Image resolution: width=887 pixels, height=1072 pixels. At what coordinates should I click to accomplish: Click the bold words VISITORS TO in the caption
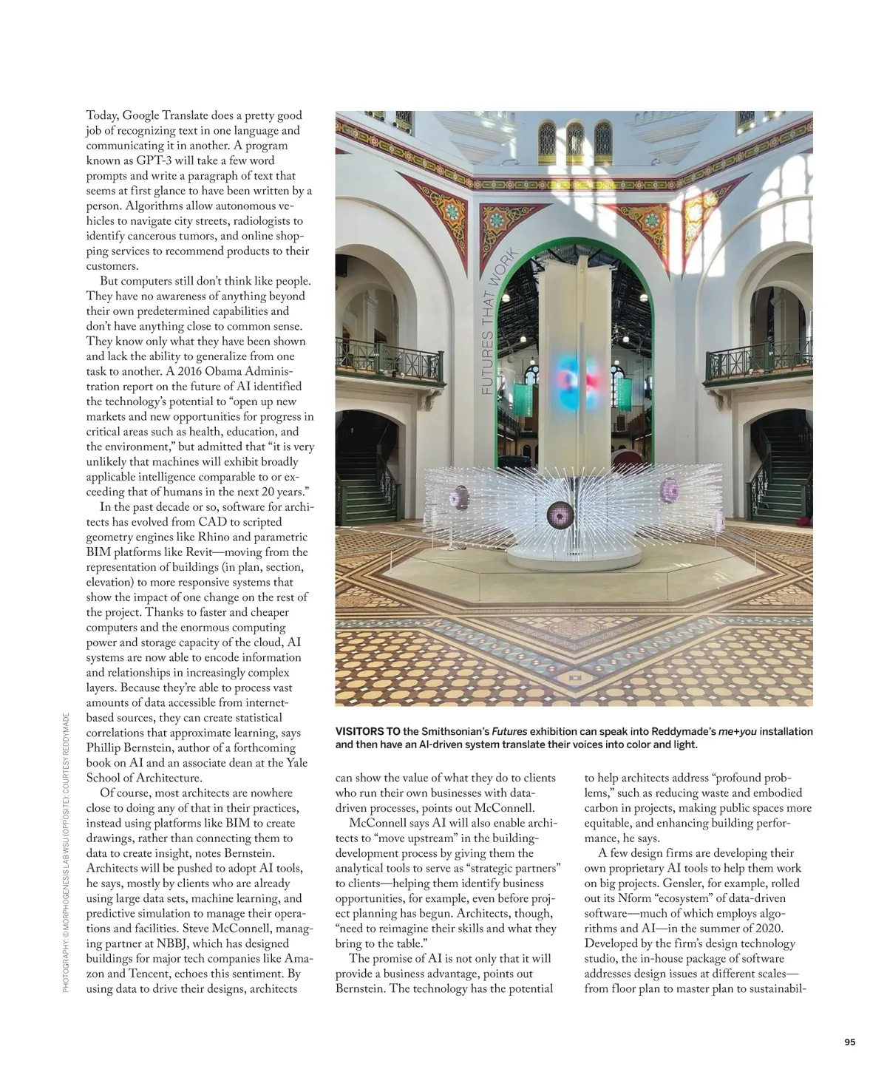367,732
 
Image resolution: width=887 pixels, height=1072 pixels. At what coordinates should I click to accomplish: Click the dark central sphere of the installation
560,514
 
